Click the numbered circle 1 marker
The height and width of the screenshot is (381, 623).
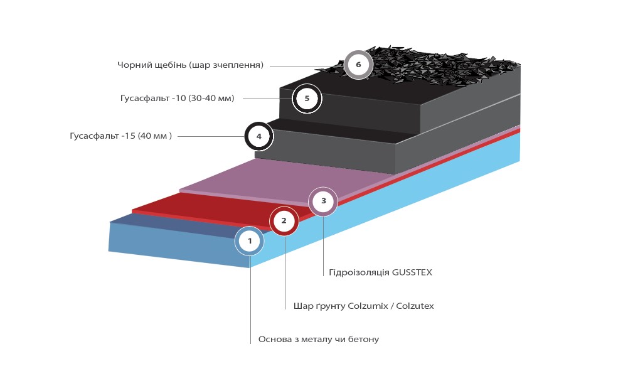coord(250,241)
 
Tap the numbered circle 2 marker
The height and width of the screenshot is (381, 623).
coord(284,221)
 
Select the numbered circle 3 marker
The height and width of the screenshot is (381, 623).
coord(323,201)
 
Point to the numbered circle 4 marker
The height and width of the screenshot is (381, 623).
coord(258,136)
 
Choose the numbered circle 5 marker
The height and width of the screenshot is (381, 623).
coord(307,99)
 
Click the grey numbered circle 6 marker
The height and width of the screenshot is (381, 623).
coord(358,65)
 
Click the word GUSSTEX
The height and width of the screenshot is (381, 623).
coord(412,272)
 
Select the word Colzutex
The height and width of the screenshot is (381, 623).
coord(415,306)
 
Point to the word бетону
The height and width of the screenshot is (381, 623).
coord(363,339)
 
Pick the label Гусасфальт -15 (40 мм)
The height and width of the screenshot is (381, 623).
coord(121,136)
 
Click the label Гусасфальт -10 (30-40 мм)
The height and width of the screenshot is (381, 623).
coord(177,99)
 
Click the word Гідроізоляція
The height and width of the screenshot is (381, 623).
coord(359,272)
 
